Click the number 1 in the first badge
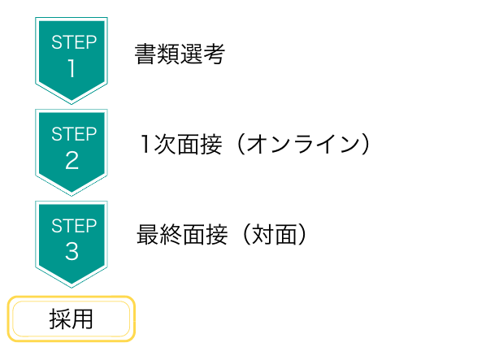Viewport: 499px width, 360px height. pyautogui.click(x=72, y=68)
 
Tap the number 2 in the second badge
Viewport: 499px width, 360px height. pyautogui.click(x=72, y=160)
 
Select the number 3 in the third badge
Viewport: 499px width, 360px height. pyautogui.click(x=72, y=251)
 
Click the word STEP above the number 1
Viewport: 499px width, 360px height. pyautogui.click(x=74, y=42)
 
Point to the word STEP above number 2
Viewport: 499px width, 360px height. pyautogui.click(x=74, y=134)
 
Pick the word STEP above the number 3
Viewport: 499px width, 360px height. pyautogui.click(x=74, y=225)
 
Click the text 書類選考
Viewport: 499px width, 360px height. pyautogui.click(x=180, y=54)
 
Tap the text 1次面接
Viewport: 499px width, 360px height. pyautogui.click(x=181, y=144)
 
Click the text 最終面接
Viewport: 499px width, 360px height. pyautogui.click(x=182, y=235)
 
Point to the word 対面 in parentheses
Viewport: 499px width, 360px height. pyautogui.click(x=274, y=235)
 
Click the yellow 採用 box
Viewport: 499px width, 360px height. pyautogui.click(x=72, y=319)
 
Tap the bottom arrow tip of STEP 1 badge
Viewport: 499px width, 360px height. pyautogui.click(x=72, y=103)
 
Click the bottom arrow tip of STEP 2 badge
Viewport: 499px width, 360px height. pyautogui.click(x=72, y=195)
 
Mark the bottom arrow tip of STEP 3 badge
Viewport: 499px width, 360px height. pyautogui.click(x=72, y=287)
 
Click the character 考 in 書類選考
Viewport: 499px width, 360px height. pyautogui.click(x=215, y=54)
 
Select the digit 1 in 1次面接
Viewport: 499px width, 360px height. pyautogui.click(x=145, y=144)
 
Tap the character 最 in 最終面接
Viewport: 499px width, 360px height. pyautogui.click(x=148, y=235)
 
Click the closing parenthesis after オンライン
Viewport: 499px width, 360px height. pyautogui.click(x=366, y=144)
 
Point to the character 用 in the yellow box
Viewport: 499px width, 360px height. pyautogui.click(x=82, y=319)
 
